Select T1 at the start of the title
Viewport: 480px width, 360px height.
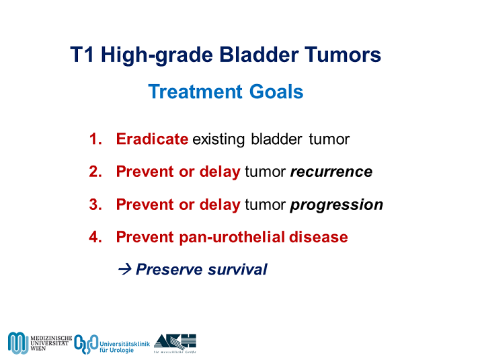[83, 55]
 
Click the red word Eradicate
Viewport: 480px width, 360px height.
[152, 139]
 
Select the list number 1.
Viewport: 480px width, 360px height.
[94, 139]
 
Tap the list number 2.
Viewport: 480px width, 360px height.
[94, 172]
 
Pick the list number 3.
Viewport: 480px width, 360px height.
[94, 205]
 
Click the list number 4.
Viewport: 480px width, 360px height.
[94, 237]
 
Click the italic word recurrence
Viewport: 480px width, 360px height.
[331, 172]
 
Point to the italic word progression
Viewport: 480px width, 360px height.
[336, 205]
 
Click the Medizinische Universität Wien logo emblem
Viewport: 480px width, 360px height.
[17, 342]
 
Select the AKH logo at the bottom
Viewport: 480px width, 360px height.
[175, 340]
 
